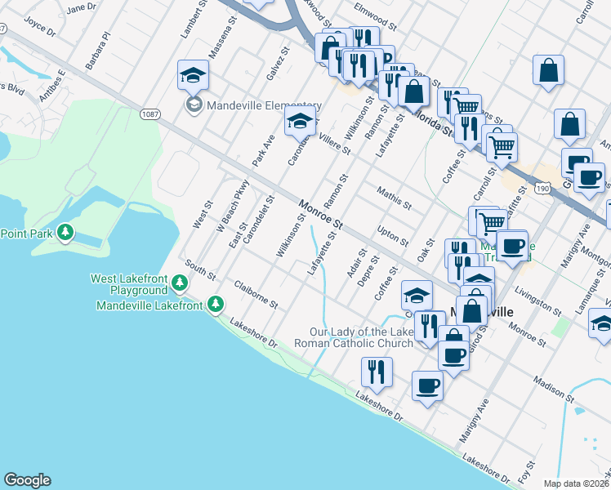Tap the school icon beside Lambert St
pyautogui.click(x=194, y=76)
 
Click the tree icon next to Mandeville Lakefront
pyautogui.click(x=216, y=305)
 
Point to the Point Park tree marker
pyautogui.click(x=65, y=234)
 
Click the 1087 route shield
pyautogui.click(x=149, y=114)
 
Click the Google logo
pyautogui.click(x=27, y=480)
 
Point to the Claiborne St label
pyautogui.click(x=256, y=295)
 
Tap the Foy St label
pyautogui.click(x=524, y=472)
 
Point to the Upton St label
pyautogui.click(x=394, y=235)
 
